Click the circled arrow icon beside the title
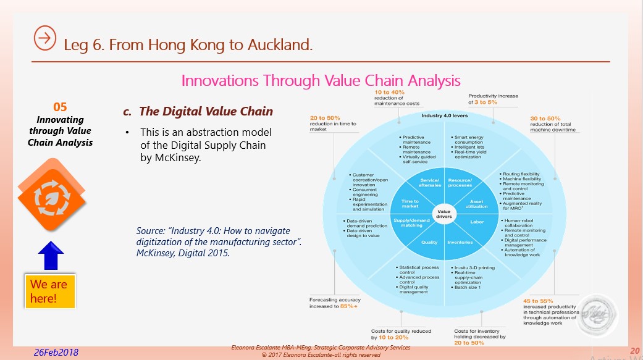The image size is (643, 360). tap(45, 38)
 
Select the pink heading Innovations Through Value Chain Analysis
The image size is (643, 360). tap(321, 80)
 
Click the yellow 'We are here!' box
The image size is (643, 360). tap(49, 291)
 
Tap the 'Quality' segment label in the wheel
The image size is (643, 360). tap(429, 242)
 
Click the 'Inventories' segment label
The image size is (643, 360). tap(460, 242)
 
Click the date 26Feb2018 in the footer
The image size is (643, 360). tap(56, 352)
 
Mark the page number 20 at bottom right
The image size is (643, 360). tap(634, 351)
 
